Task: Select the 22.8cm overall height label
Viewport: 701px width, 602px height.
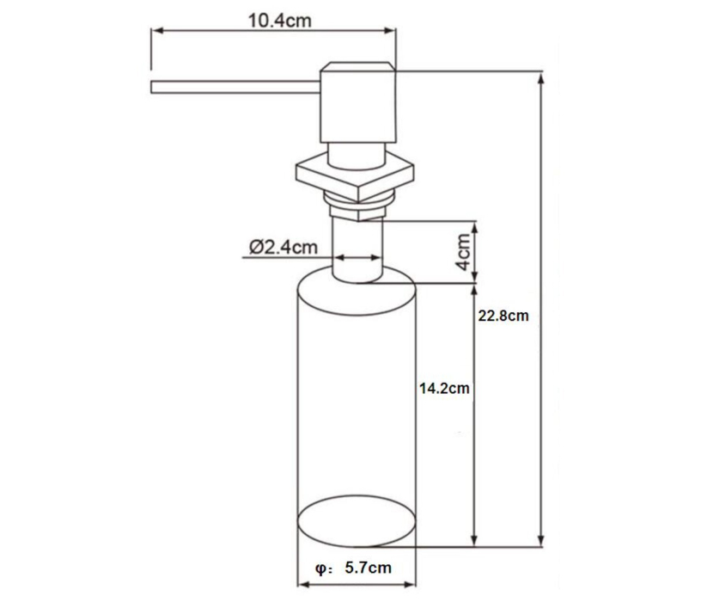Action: coord(503,316)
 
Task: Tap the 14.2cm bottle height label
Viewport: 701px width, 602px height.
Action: coord(443,388)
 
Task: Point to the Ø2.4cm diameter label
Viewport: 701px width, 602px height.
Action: coord(283,247)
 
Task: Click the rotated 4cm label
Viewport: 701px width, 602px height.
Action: coord(463,251)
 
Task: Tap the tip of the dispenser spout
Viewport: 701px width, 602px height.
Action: coord(154,87)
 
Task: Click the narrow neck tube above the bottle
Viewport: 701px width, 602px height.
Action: coord(357,249)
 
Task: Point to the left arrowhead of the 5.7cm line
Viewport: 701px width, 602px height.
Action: coord(302,584)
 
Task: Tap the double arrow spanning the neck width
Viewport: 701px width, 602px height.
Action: coord(357,256)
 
